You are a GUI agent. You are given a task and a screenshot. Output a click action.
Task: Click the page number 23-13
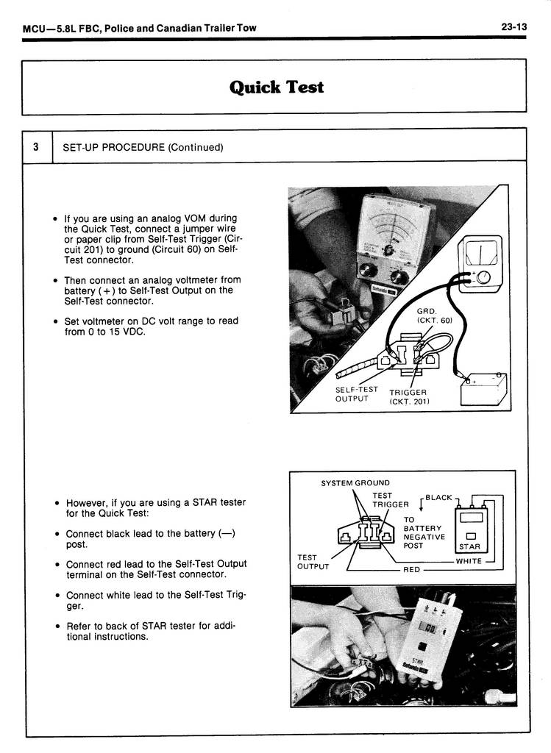pos(514,27)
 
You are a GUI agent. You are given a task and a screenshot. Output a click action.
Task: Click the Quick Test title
pos(276,87)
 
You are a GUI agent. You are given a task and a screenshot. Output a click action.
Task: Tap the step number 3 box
pos(37,146)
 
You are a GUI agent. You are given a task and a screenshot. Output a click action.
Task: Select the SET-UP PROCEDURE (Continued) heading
pos(143,147)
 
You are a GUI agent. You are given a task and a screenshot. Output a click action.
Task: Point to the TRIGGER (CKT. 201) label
pos(408,396)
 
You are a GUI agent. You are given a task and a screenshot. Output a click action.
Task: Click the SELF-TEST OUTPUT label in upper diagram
pos(356,394)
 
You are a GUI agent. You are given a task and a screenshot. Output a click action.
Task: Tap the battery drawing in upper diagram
pos(483,388)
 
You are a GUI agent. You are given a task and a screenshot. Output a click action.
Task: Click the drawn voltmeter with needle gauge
pos(479,263)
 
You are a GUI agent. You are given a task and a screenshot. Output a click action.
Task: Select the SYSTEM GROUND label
pos(355,483)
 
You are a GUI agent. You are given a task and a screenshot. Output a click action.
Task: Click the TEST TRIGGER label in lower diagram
pos(390,500)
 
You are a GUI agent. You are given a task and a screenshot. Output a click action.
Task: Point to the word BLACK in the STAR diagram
pos(438,498)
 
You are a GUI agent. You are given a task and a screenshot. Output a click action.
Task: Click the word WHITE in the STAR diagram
pos(469,561)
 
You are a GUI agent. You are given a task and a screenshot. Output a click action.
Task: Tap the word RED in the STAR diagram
pos(412,570)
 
